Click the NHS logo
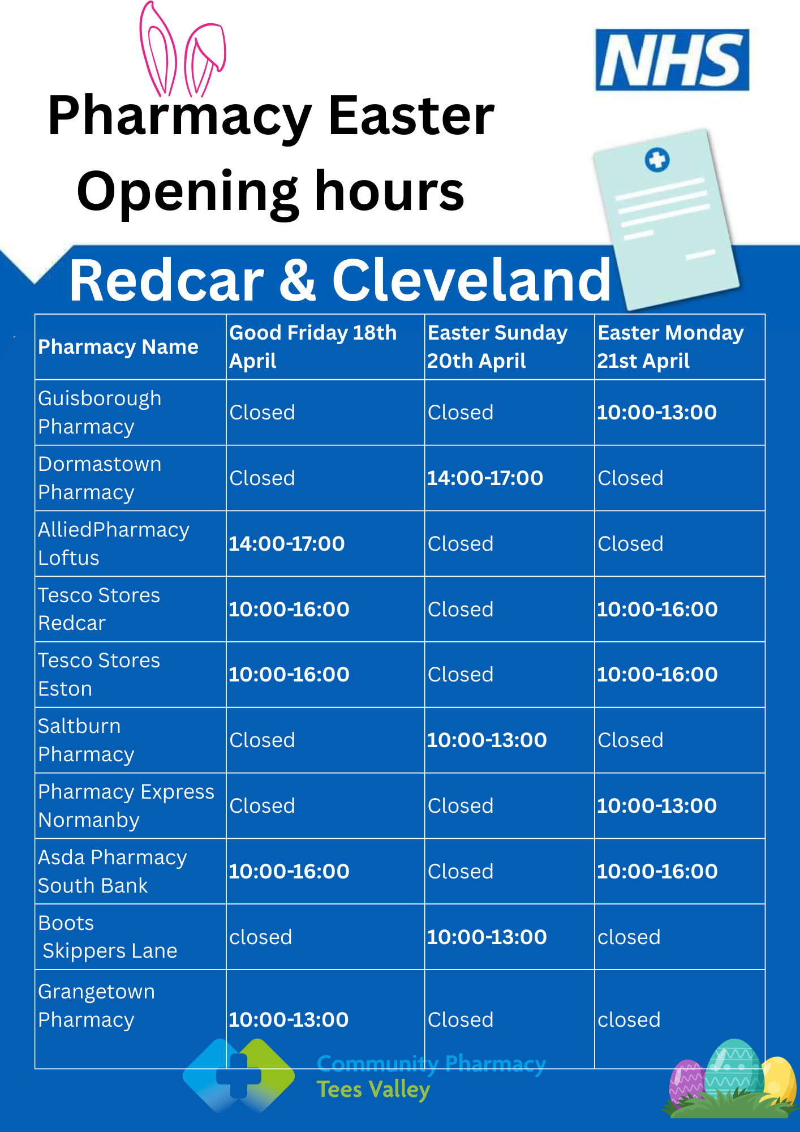click(672, 60)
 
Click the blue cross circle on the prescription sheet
click(657, 160)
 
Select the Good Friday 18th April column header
click(313, 346)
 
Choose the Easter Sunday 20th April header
click(497, 346)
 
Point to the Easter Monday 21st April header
click(670, 346)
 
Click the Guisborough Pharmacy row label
click(100, 413)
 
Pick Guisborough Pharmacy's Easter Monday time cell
click(657, 412)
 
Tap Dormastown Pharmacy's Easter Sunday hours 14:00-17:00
click(485, 478)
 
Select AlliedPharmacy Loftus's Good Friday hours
click(287, 543)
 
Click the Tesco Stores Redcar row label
click(99, 609)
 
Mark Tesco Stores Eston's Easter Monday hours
click(657, 674)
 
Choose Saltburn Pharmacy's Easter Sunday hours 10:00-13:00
click(487, 740)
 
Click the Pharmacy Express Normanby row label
click(126, 806)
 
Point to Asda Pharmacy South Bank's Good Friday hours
click(289, 871)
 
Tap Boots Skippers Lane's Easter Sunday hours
click(487, 937)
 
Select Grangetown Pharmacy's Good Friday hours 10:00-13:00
click(289, 1019)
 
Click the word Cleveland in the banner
click(472, 280)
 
